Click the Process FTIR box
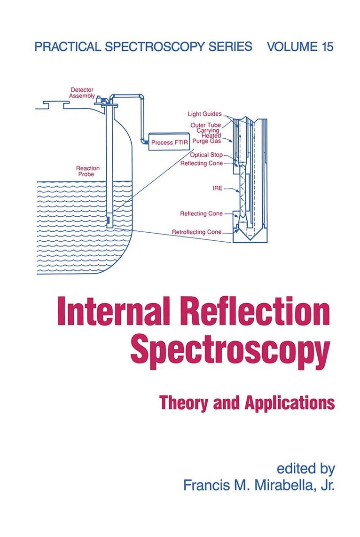pos(169,142)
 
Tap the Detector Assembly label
pos(82,93)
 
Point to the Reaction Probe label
pos(87,171)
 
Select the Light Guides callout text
pos(204,114)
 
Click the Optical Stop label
pos(206,155)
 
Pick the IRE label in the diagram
pos(217,188)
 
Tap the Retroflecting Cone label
pos(196,232)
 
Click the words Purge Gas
pos(206,141)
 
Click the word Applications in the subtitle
pos(290,403)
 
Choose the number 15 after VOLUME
pos(327,47)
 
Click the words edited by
pos(305,468)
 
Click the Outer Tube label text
pos(206,125)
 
